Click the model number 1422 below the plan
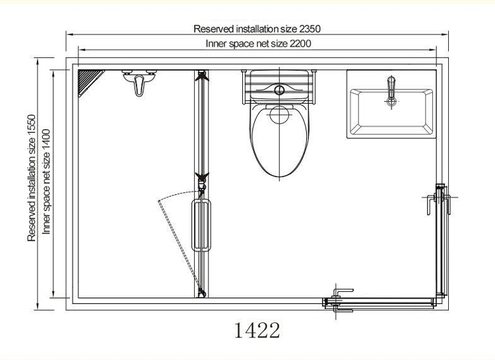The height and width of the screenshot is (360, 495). click(257, 330)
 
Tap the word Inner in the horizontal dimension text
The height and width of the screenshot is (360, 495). click(218, 44)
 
